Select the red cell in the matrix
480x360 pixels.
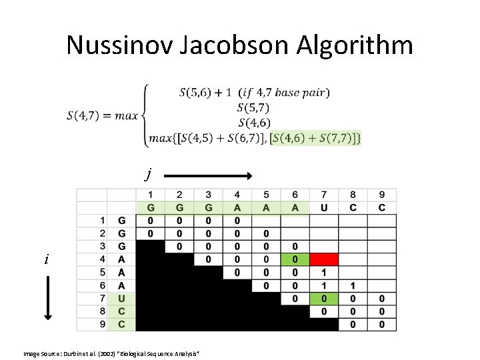tap(324, 259)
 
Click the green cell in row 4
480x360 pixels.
tap(295, 259)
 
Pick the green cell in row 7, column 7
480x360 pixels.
tap(324, 299)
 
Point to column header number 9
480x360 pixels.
tap(381, 195)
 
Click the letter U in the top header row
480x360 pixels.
tap(324, 207)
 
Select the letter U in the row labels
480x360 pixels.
tap(121, 299)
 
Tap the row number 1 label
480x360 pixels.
tap(102, 220)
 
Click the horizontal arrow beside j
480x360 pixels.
tap(207, 175)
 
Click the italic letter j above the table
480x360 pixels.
tap(148, 175)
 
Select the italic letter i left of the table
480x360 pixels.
tap(46, 259)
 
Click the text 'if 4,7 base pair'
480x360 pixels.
tap(286, 93)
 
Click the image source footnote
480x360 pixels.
tap(111, 352)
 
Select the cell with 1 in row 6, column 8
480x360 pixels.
tap(353, 285)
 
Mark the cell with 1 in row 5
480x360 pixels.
tap(324, 272)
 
